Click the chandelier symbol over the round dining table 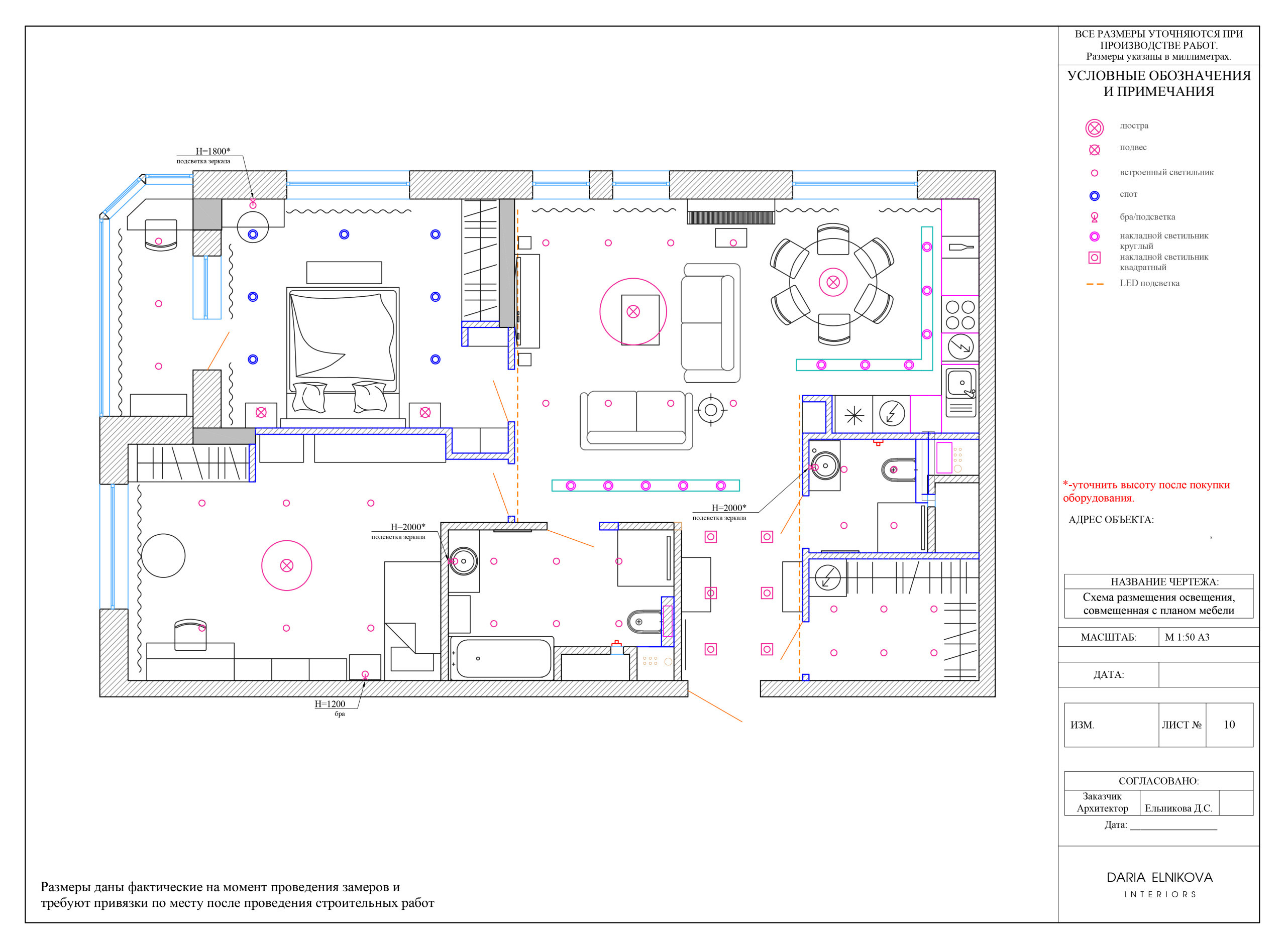pos(833,282)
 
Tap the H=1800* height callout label pos(213,152)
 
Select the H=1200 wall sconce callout pos(330,704)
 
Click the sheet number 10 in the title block pos(1229,725)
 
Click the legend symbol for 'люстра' pos(1095,128)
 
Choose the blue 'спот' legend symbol pos(1095,196)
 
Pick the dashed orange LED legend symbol pos(1095,284)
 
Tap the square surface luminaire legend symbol pos(1095,258)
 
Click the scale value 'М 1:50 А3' pos(1187,637)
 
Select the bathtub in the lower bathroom pos(502,658)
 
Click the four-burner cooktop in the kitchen pos(960,314)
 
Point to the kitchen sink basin pos(960,383)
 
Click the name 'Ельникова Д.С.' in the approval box pos(1178,808)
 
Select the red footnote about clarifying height pos(1146,491)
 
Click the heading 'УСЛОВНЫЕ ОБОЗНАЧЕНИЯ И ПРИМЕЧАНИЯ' pos(1158,84)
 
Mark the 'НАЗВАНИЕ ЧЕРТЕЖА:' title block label pos(1164,582)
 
